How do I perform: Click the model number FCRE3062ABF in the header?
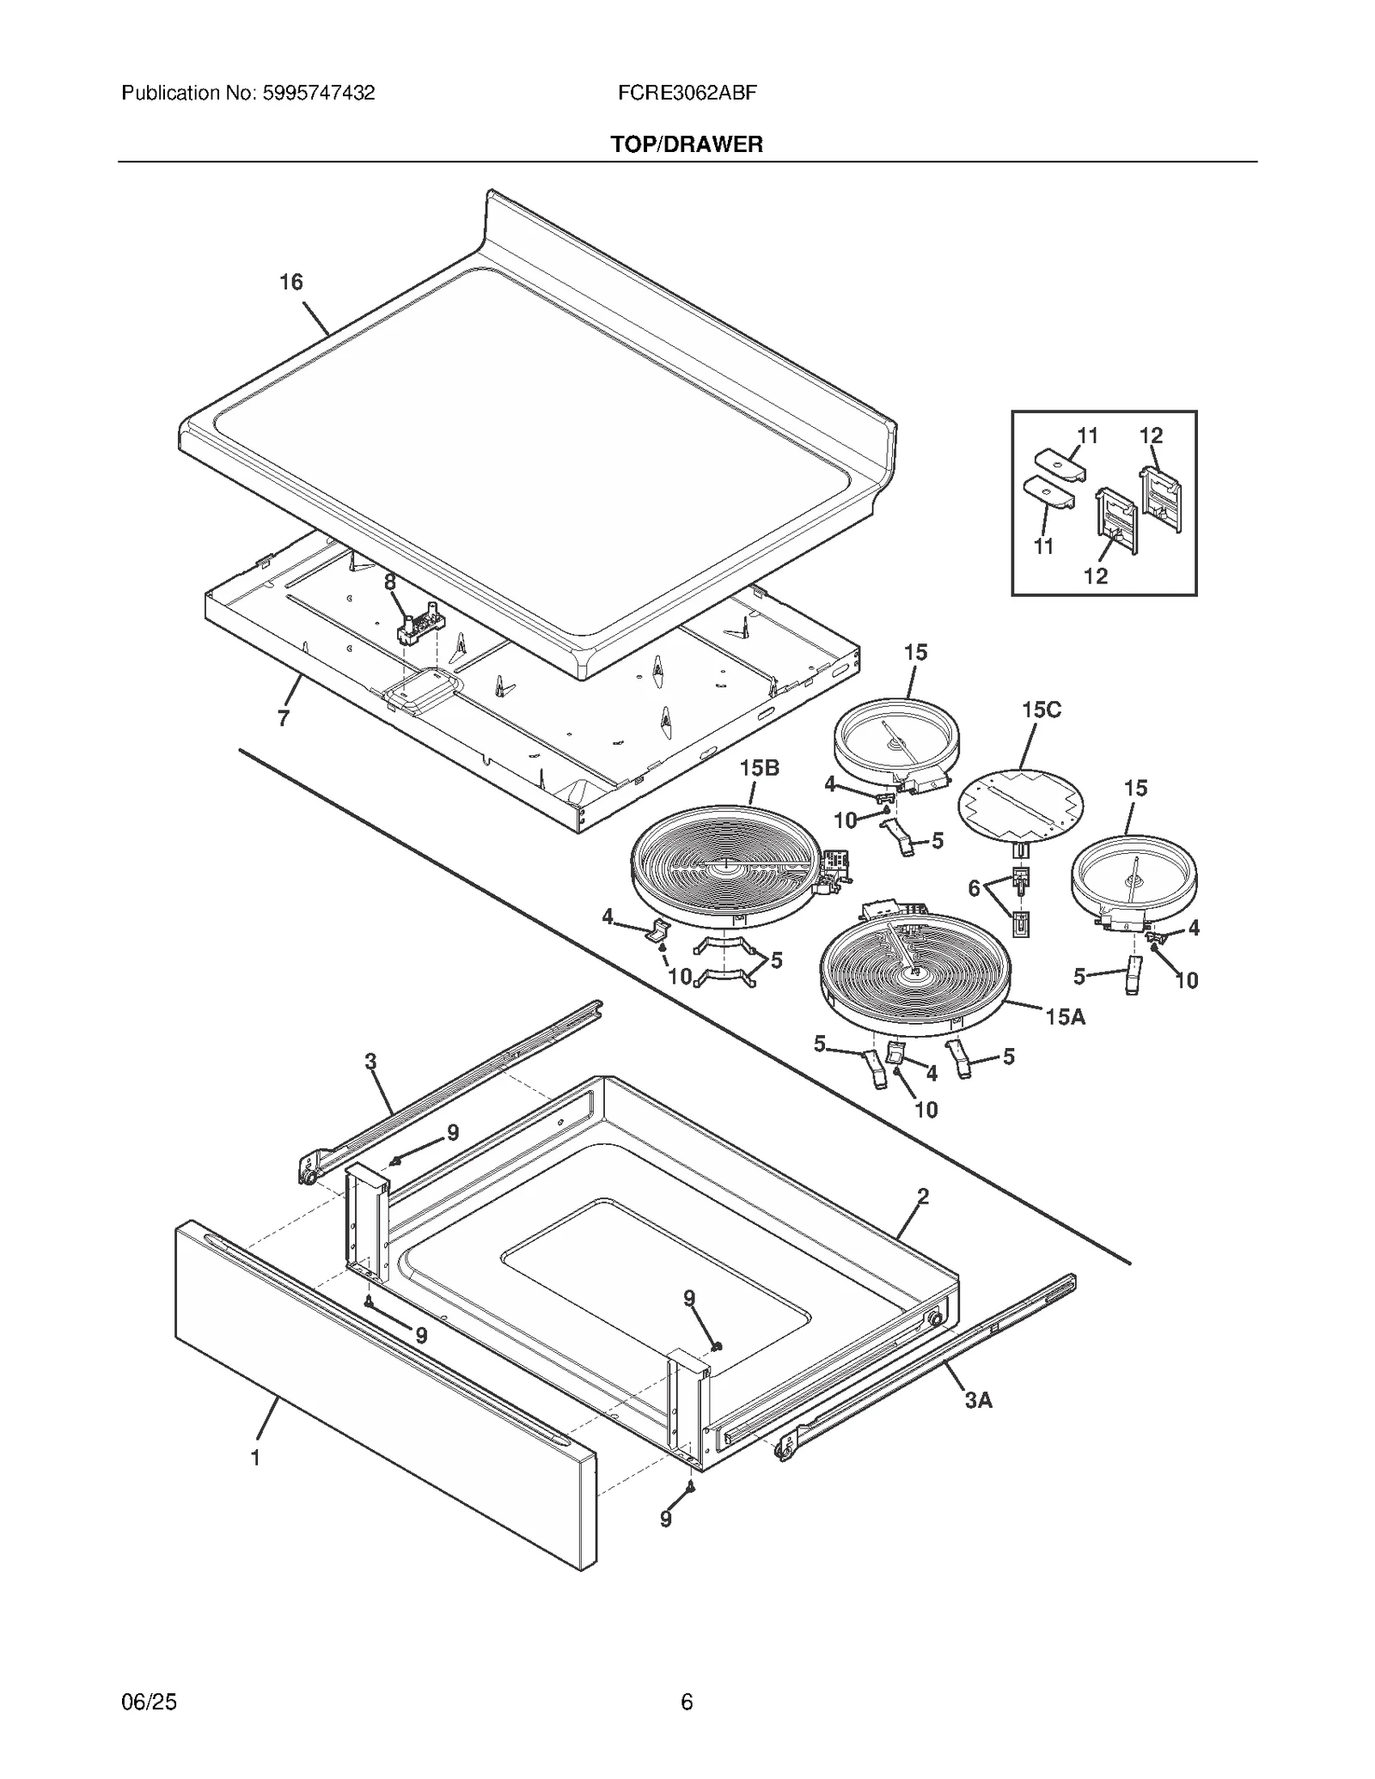[687, 93]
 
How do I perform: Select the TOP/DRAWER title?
[687, 144]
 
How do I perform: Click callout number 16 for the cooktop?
[291, 282]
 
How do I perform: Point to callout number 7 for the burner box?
[284, 718]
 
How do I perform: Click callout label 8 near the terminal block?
[390, 582]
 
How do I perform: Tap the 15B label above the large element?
[760, 768]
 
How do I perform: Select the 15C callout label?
[1042, 710]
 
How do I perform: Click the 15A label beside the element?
[1066, 1017]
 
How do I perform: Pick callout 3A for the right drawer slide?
[978, 1400]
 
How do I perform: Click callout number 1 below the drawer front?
[255, 1458]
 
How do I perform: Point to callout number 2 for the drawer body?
[923, 1196]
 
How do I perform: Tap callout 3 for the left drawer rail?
[370, 1062]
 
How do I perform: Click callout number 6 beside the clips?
[974, 888]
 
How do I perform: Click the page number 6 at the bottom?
[687, 1702]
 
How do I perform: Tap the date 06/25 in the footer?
[150, 1702]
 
